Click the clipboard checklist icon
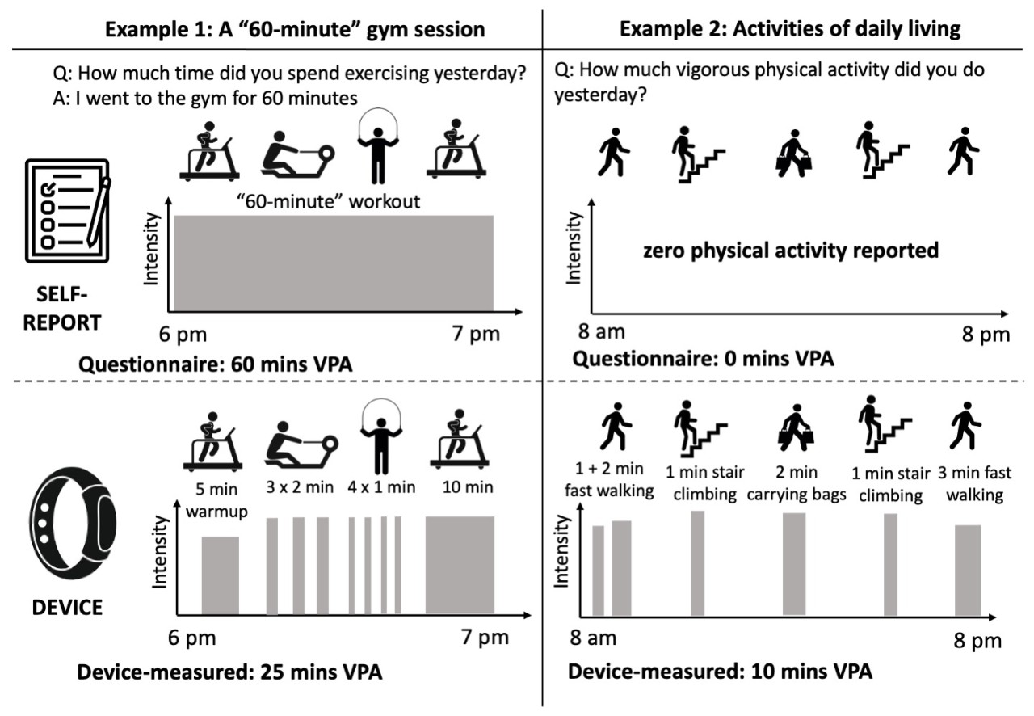point(66,210)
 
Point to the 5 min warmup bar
point(221,575)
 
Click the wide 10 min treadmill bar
point(460,563)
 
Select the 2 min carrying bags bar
point(794,563)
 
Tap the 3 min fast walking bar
point(968,570)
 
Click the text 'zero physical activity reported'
point(791,251)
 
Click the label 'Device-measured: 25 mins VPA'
point(229,672)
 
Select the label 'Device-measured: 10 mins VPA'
point(720,672)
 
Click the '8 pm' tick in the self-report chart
point(984,334)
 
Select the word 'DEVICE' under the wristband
point(68,606)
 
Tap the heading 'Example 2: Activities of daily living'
point(790,30)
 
